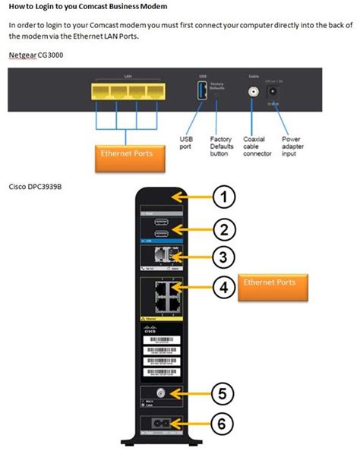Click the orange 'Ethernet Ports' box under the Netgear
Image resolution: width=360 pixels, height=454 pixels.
click(x=125, y=153)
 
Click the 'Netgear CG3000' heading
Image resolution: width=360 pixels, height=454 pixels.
click(x=36, y=55)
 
